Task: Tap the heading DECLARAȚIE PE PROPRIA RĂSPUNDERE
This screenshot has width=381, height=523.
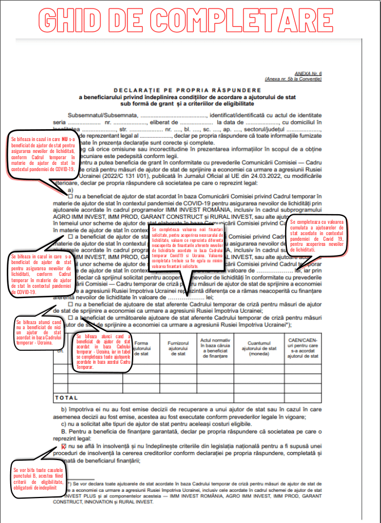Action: (187, 90)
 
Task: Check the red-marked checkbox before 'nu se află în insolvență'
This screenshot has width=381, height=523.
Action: (63, 447)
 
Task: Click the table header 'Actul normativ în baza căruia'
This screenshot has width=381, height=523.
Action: (214, 346)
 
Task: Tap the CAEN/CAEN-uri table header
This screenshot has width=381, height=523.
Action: (303, 348)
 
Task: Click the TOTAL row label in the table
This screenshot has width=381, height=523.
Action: (66, 397)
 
